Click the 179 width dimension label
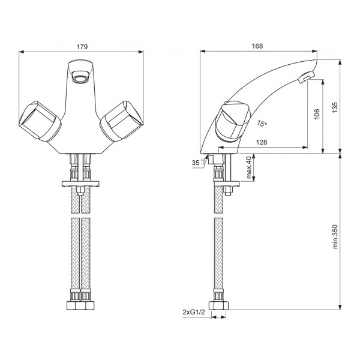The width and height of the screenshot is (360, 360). click(x=82, y=47)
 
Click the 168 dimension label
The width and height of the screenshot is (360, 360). click(x=257, y=46)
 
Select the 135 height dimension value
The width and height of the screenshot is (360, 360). click(x=335, y=107)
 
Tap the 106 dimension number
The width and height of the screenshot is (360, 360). click(x=317, y=114)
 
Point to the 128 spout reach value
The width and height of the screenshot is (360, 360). click(x=262, y=142)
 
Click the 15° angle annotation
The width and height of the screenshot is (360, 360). click(x=262, y=124)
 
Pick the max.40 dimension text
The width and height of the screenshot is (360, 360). click(x=249, y=167)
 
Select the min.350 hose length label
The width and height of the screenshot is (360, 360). click(x=335, y=236)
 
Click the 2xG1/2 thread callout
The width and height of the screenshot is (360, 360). click(x=194, y=312)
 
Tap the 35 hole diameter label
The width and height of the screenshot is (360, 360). click(x=196, y=163)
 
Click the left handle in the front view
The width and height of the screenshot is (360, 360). click(x=40, y=121)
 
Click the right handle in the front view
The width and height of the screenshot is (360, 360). click(x=121, y=121)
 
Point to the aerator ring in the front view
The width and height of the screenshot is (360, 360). click(x=80, y=77)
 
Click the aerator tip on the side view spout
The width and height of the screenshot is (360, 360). click(x=307, y=77)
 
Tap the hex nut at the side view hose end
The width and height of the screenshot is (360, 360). click(x=218, y=305)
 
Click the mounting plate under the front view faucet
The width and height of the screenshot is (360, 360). click(x=80, y=184)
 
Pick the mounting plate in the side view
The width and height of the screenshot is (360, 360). click(x=227, y=184)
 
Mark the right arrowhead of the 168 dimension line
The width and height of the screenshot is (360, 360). click(x=314, y=51)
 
